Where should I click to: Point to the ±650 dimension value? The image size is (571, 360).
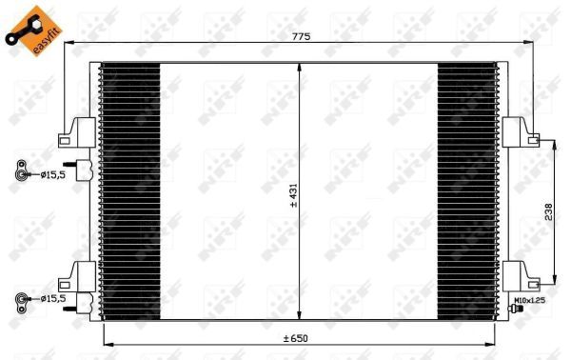point(295,339)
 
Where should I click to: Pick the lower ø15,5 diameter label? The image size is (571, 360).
point(52,299)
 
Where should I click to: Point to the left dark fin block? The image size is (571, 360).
point(129,190)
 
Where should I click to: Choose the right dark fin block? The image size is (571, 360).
point(466,190)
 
